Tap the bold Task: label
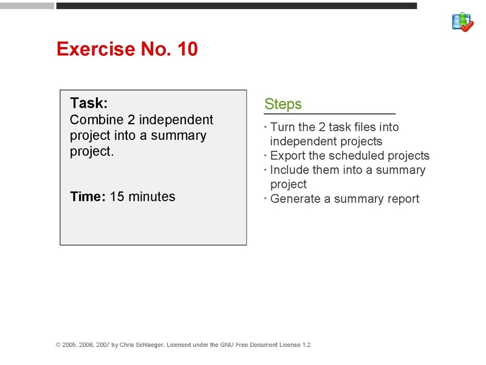(89, 103)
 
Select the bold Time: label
(88, 196)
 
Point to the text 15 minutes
(143, 196)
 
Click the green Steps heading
(283, 104)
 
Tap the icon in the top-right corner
(463, 22)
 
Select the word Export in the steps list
(287, 156)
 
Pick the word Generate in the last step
(296, 198)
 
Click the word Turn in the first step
(282, 127)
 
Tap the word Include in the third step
(290, 170)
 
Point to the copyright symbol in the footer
(58, 345)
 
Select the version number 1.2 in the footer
(306, 345)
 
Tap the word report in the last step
(401, 198)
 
